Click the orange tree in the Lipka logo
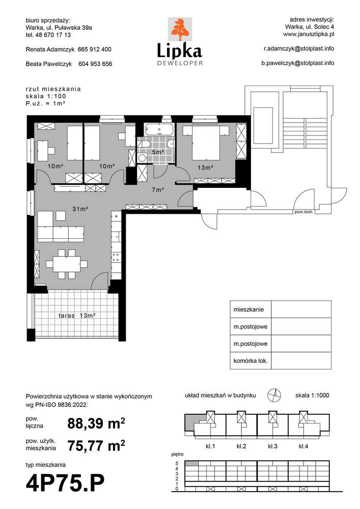180,29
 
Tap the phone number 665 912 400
95,49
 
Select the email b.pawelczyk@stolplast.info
298,63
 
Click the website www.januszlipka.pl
309,34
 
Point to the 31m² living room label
80,209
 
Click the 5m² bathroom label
158,152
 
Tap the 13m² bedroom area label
205,168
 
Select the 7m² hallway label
157,189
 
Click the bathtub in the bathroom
159,129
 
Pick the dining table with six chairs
67,264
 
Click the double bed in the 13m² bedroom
206,143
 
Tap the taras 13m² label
77,315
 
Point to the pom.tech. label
303,212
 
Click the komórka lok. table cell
251,361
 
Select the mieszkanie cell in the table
251,309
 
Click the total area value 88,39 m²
96,423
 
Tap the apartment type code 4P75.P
65,483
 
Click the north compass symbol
274,395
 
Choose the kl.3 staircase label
272,446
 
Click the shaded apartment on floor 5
192,464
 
